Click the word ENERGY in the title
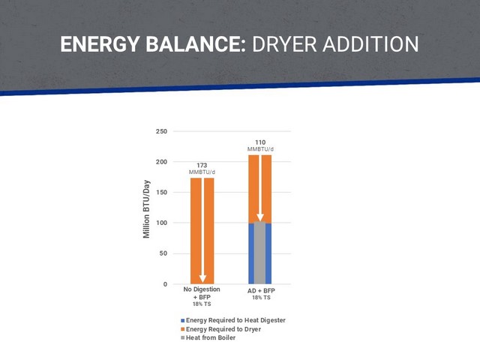point(100,44)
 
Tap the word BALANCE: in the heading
point(196,44)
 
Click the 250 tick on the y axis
point(162,131)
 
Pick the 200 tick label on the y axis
point(162,162)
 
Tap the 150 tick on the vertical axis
point(162,192)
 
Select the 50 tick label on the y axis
point(163,253)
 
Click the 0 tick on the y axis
point(165,284)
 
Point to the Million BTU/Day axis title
point(147,209)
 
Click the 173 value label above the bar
point(202,165)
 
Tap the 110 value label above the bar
point(260,142)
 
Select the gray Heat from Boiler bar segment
point(260,253)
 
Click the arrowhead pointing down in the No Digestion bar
point(202,278)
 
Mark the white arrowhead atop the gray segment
point(260,217)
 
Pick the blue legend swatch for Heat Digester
point(183,320)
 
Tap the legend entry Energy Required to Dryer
point(221,329)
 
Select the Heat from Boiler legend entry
point(208,337)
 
